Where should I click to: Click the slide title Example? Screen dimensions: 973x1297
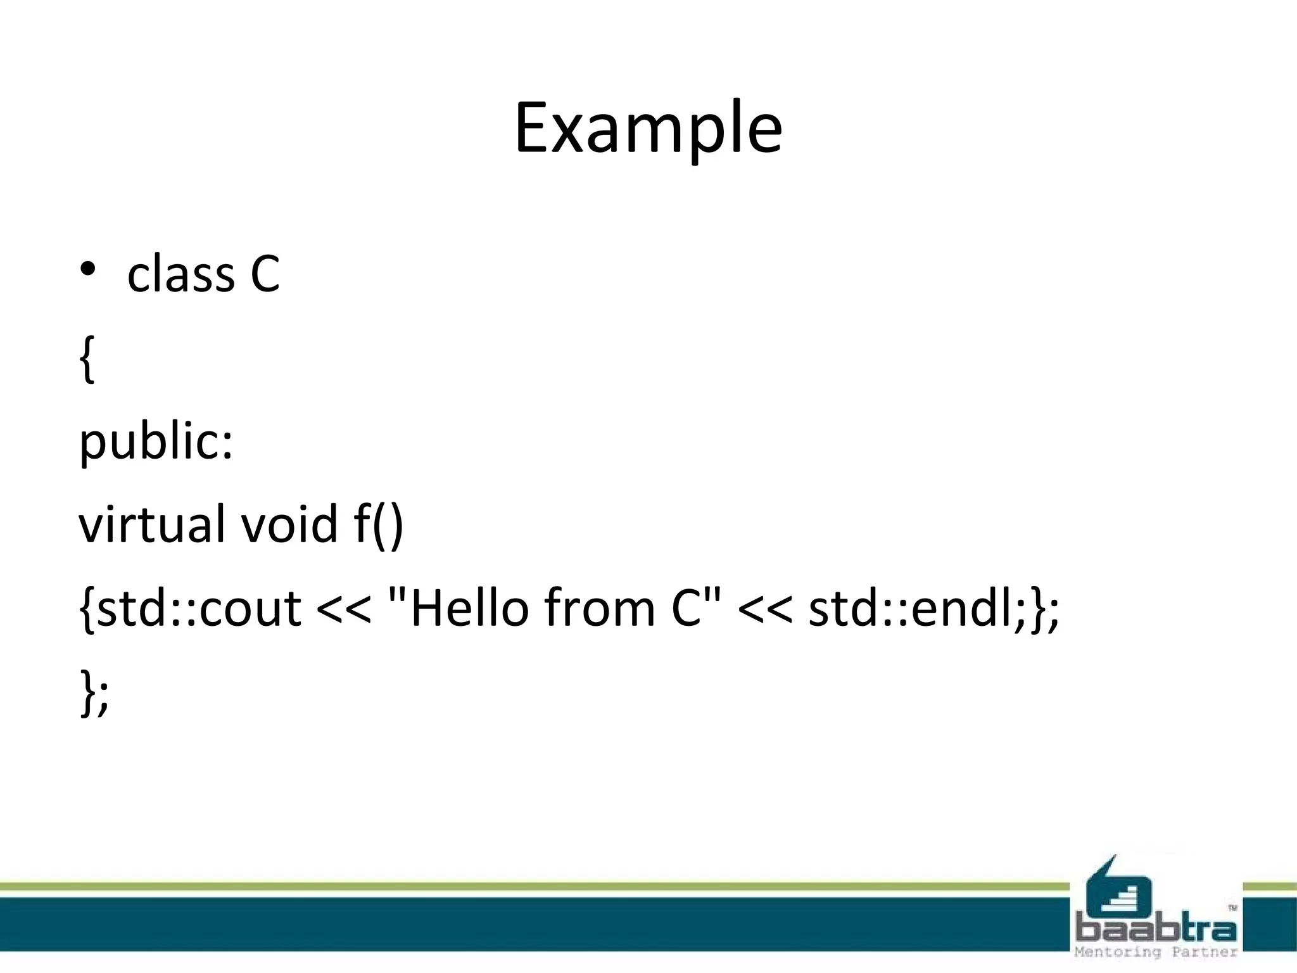(648, 129)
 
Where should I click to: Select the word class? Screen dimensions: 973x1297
(181, 275)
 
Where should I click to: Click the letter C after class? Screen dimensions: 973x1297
(265, 275)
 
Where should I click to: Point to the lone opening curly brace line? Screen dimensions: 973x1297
(87, 359)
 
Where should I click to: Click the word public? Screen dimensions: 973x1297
(156, 442)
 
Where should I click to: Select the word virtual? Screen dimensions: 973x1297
(152, 525)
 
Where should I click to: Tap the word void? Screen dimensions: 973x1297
(289, 525)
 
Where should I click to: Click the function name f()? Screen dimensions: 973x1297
(379, 525)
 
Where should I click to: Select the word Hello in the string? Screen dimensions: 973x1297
(469, 608)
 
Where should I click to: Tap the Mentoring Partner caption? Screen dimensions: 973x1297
(1156, 952)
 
